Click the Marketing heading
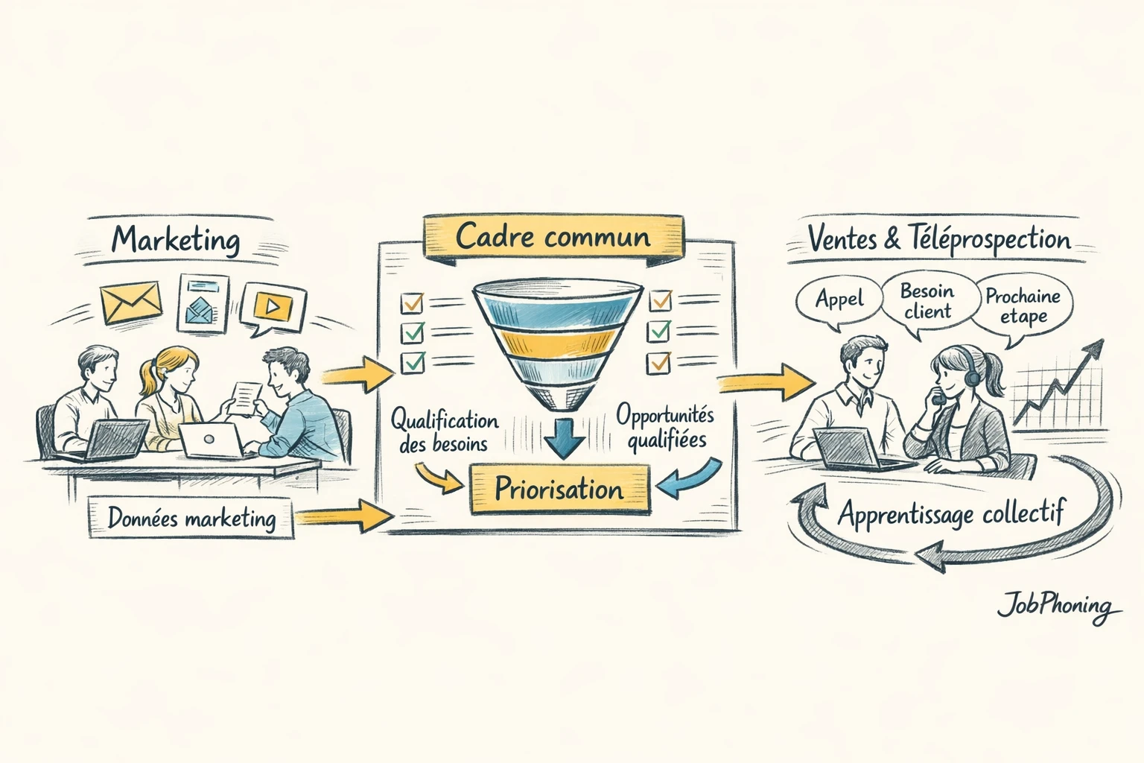tap(176, 240)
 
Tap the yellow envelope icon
tap(131, 303)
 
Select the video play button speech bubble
tap(273, 305)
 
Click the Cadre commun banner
tap(553, 237)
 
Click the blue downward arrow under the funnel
tap(564, 438)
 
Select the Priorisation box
tap(559, 490)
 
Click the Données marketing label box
tap(191, 518)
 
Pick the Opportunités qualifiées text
tap(665, 428)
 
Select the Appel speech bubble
tap(839, 300)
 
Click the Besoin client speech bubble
tap(927, 301)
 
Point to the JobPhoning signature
tap(1058, 605)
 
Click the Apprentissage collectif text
tap(950, 513)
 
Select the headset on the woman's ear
tap(973, 376)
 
